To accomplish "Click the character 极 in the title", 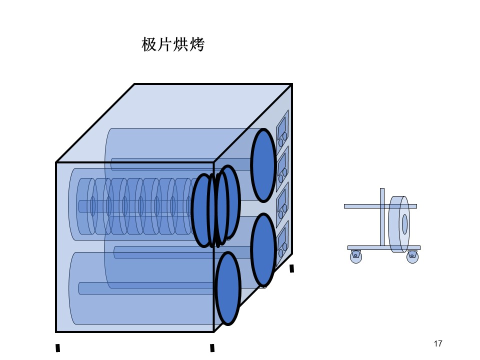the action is tap(149, 44).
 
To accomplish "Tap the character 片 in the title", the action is tap(165, 44).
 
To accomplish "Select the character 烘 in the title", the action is tap(180, 44).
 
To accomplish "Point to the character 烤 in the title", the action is tap(196, 44).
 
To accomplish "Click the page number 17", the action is tap(438, 343).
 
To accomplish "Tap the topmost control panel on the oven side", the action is tap(282, 129).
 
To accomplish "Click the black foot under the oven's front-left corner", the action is tap(57, 348).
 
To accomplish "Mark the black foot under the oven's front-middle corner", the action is tap(212, 348).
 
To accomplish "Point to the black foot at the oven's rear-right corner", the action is tap(291, 268).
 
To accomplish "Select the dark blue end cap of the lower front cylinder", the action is tap(228, 288).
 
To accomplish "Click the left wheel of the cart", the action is tap(355, 256).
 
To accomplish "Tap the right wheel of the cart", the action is tap(412, 256).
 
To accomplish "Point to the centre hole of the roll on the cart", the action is tap(404, 224).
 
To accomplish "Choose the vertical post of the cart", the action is tap(382, 216).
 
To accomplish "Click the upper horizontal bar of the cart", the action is tap(380, 206).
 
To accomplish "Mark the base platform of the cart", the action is tap(384, 247).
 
